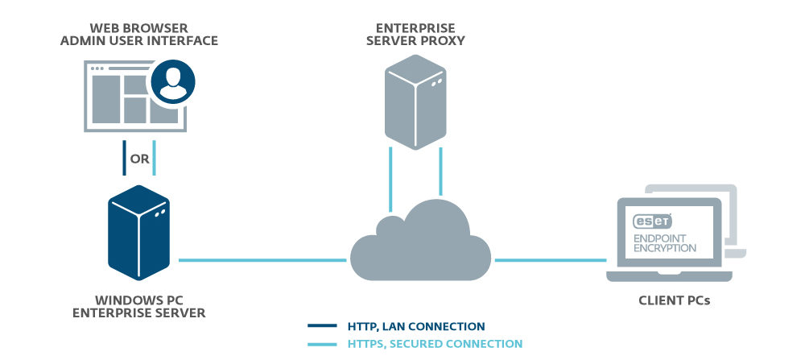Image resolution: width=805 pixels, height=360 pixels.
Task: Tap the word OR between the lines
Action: [139, 159]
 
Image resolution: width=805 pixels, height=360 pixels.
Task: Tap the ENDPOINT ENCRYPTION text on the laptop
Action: [665, 242]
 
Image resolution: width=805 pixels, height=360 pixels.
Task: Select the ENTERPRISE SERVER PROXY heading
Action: [415, 33]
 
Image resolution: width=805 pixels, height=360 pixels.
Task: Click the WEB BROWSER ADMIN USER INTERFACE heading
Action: [139, 33]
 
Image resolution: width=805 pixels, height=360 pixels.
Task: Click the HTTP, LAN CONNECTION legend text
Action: [415, 326]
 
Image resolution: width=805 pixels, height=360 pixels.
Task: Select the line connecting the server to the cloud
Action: [262, 260]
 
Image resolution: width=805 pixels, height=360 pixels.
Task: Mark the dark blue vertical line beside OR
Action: [124, 159]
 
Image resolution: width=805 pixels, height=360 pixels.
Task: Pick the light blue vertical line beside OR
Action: [155, 159]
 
